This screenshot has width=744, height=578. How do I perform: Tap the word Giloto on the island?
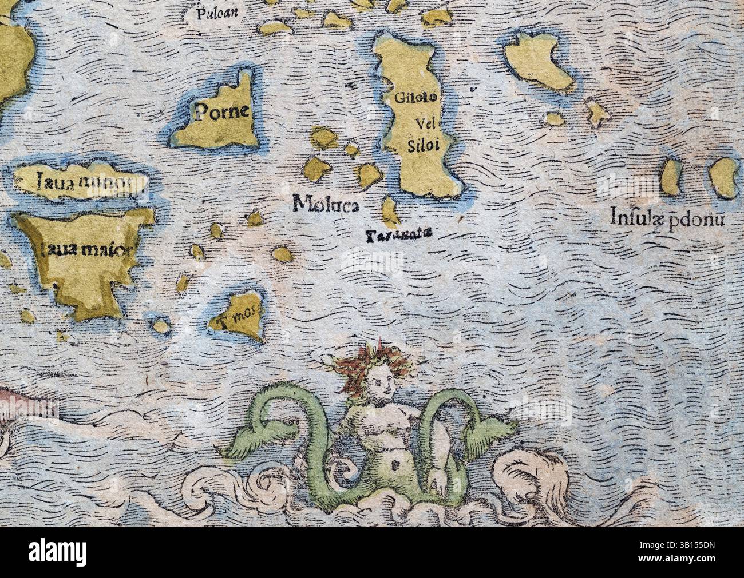point(416,97)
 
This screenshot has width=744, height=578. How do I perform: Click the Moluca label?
point(325,204)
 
